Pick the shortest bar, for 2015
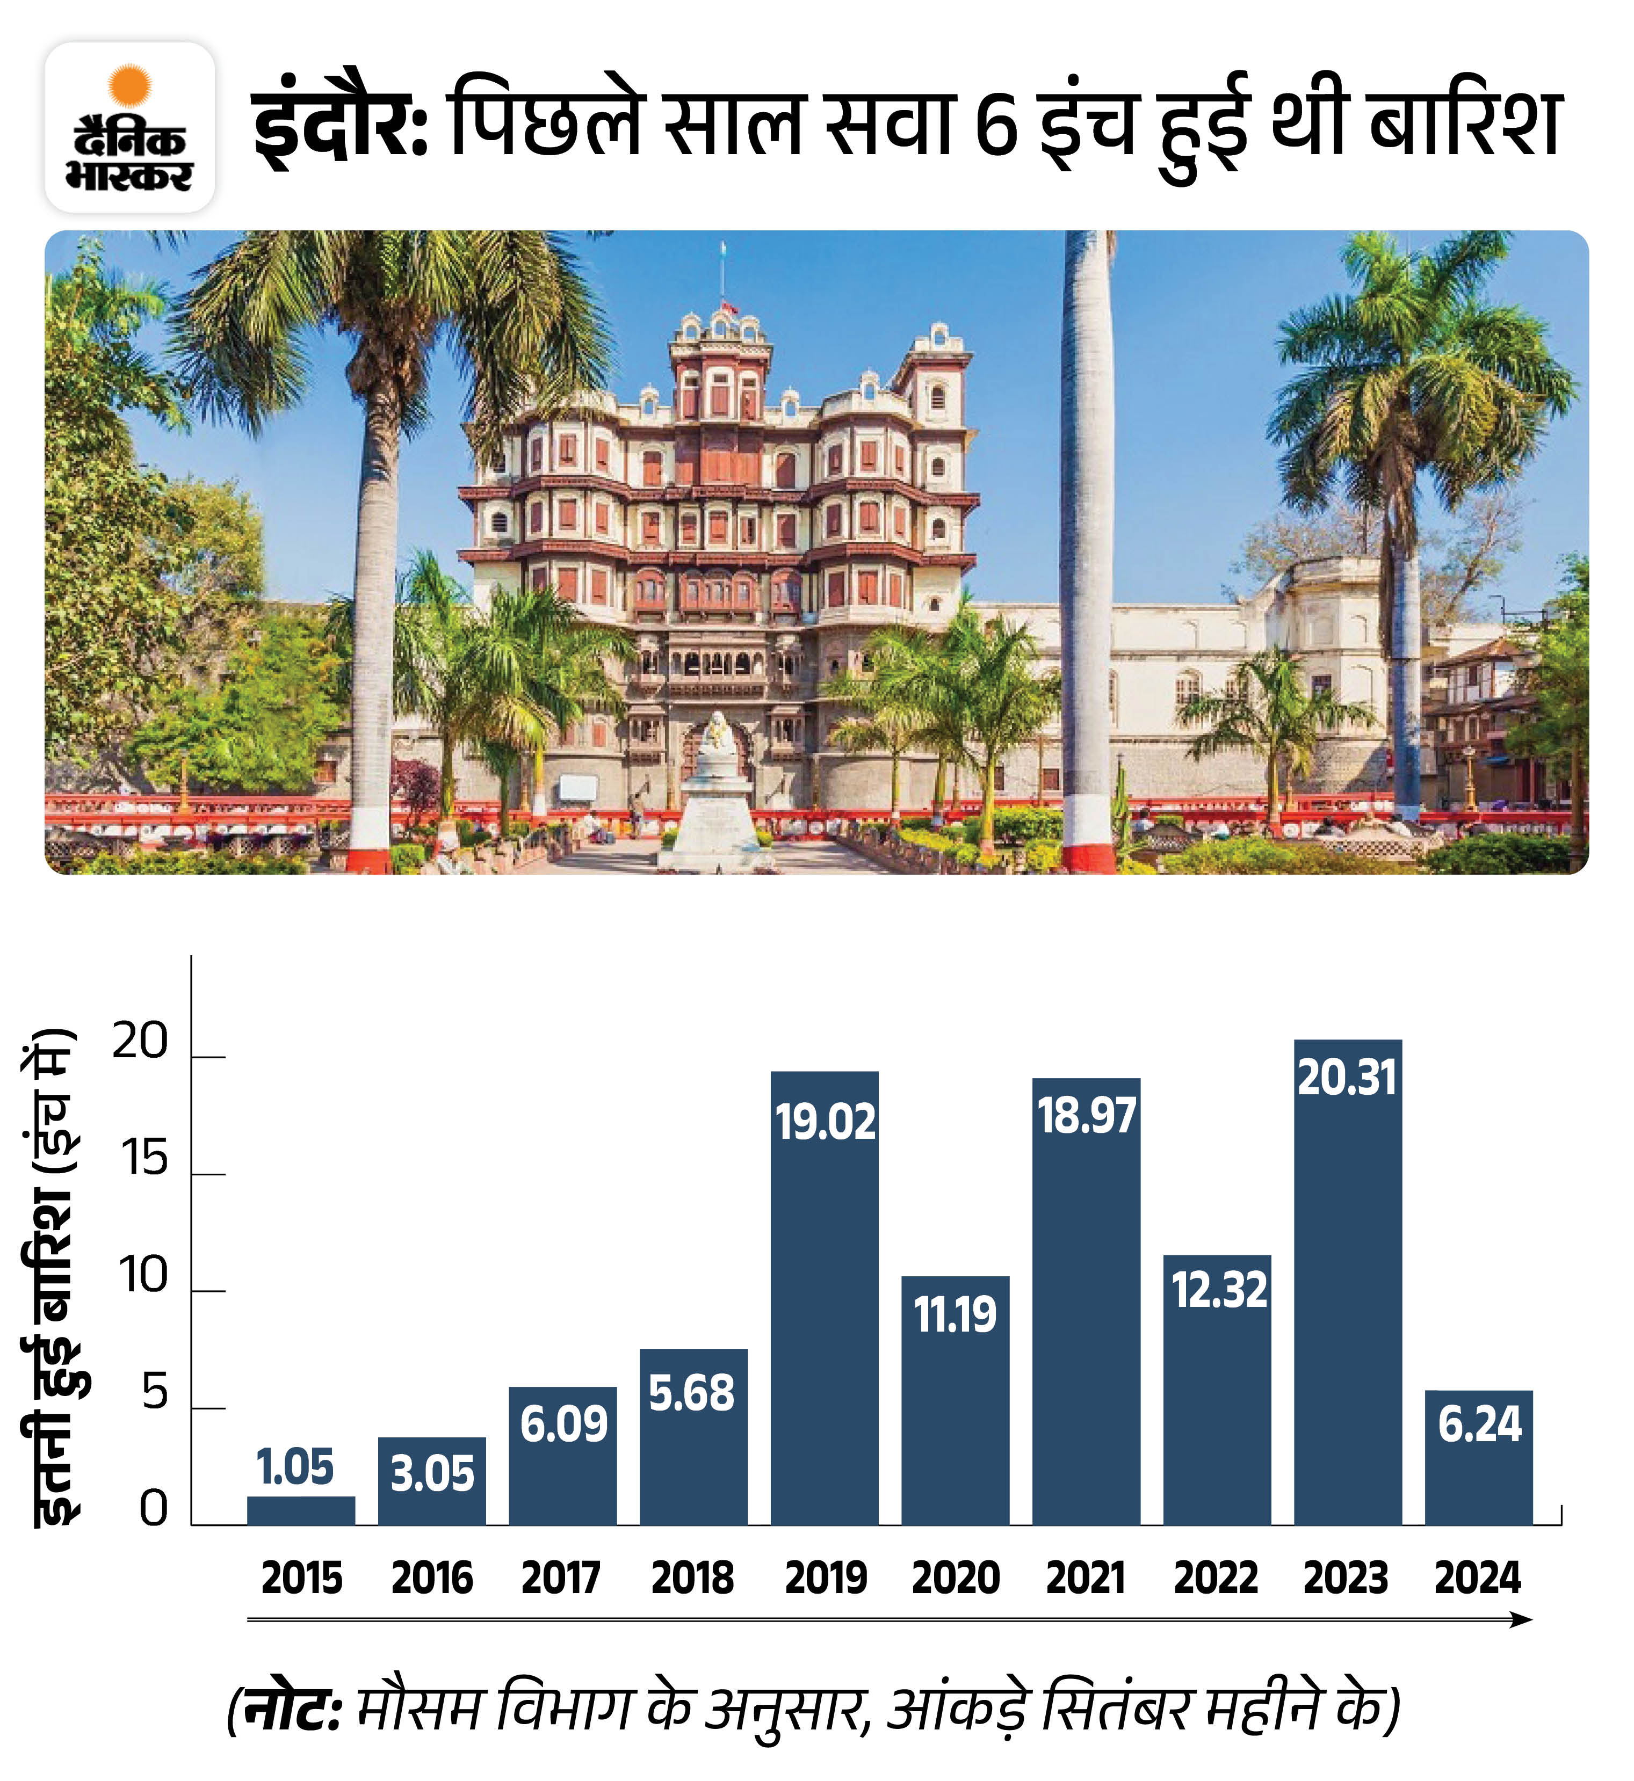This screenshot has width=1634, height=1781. [x=301, y=1510]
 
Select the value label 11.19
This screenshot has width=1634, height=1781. [x=955, y=1314]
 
